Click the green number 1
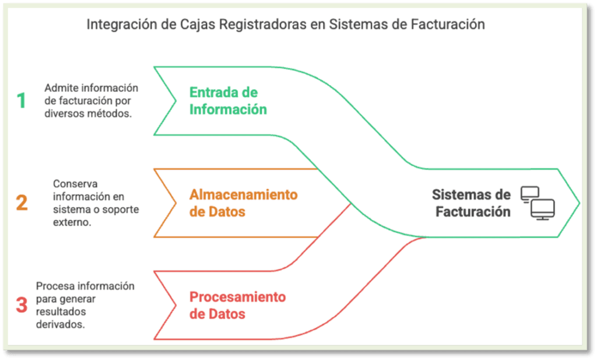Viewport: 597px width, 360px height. pos(22,101)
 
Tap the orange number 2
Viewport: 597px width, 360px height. pos(22,202)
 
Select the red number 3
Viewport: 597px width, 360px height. pos(22,305)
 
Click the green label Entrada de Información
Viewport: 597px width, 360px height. pos(227,101)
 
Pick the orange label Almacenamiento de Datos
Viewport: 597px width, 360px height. pos(244,202)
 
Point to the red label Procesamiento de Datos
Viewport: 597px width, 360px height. pos(238,305)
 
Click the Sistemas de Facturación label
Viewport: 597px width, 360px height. pos(472,203)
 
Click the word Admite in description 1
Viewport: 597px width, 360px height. pos(60,88)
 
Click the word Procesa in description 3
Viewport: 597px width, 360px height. pos(54,286)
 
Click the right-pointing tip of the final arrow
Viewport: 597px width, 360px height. pos(578,203)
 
